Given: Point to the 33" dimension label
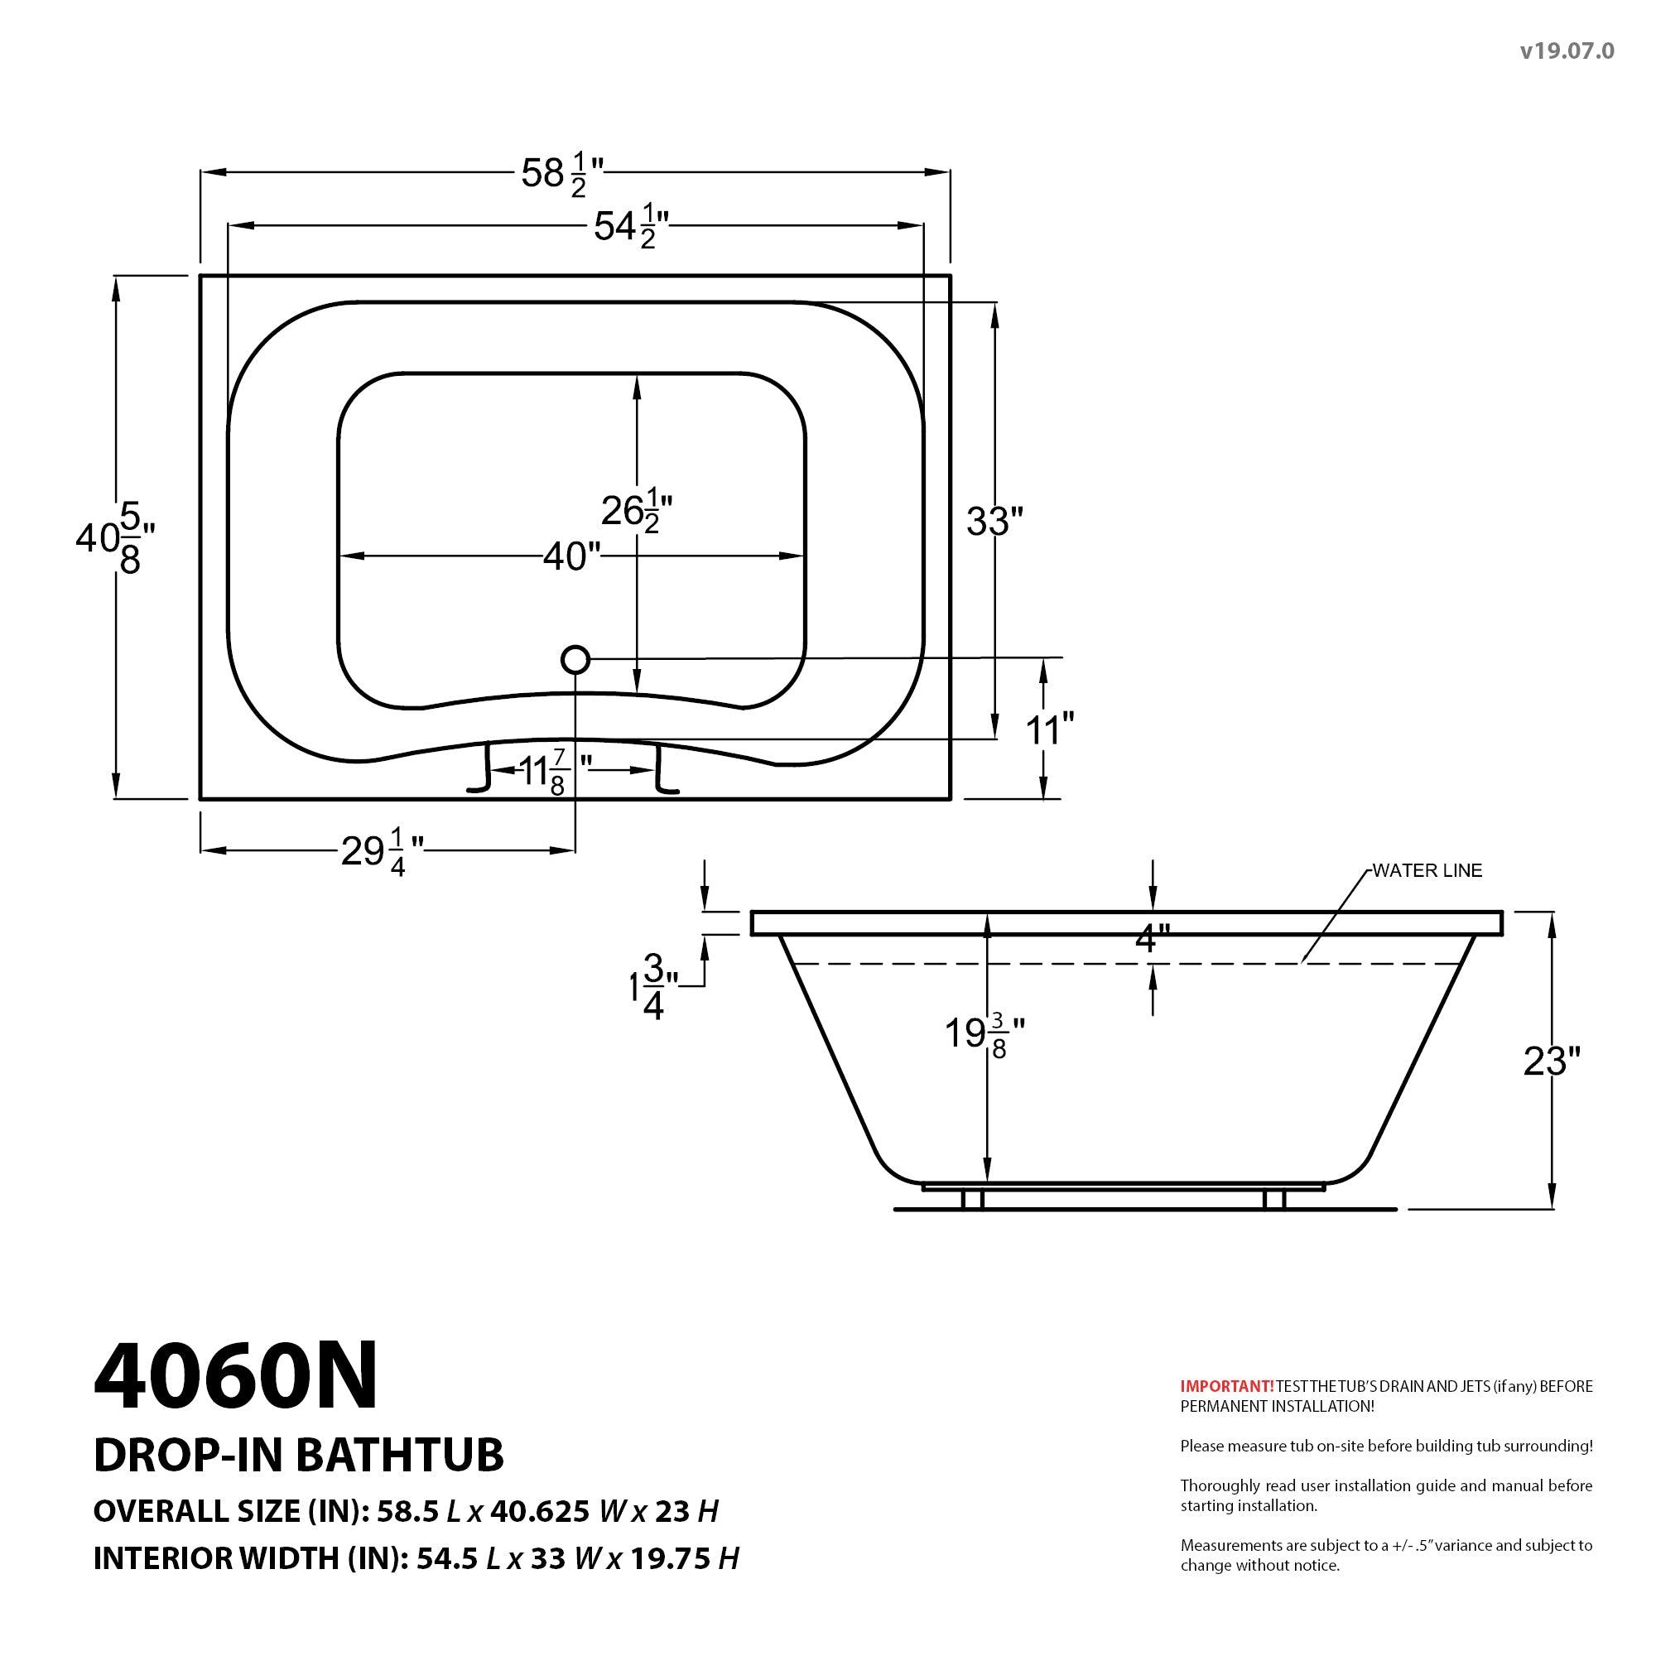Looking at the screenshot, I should [994, 521].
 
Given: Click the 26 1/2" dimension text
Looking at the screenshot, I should [636, 513].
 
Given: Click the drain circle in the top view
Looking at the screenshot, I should [575, 660].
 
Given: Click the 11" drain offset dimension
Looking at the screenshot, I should [1049, 730].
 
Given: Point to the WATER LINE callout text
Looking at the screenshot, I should [1427, 871].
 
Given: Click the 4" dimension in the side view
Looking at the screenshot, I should [1151, 941].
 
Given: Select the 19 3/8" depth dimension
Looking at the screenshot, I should [984, 1034].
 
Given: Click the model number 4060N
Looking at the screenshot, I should [236, 1378].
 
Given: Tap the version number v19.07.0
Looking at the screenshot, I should [1567, 51].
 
